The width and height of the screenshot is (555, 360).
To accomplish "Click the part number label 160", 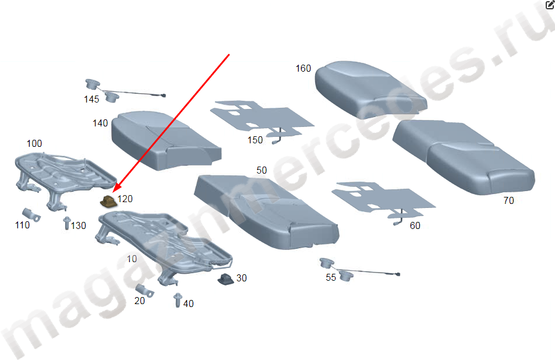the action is pyautogui.click(x=303, y=68).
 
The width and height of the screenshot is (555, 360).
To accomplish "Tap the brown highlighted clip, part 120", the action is pyautogui.click(x=108, y=202).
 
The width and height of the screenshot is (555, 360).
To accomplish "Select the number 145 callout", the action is pyautogui.click(x=91, y=99).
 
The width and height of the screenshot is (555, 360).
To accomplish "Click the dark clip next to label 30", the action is pyautogui.click(x=225, y=279).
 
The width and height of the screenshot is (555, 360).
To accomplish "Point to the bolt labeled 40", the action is pyautogui.click(x=178, y=300).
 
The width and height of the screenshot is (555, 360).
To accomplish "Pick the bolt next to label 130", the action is pyautogui.click(x=67, y=223).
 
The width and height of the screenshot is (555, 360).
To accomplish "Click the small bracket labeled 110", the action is pyautogui.click(x=31, y=214).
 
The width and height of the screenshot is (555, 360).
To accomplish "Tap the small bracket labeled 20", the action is pyautogui.click(x=144, y=290).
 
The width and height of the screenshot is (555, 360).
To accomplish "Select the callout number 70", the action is pyautogui.click(x=508, y=201).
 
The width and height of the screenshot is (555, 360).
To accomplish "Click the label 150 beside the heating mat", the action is pyautogui.click(x=255, y=140).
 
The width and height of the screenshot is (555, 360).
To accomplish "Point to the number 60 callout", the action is pyautogui.click(x=415, y=225).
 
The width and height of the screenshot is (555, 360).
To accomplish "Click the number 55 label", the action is pyautogui.click(x=331, y=277).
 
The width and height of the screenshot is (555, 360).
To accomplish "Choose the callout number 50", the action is pyautogui.click(x=261, y=170).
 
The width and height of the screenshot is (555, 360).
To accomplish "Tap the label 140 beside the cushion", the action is pyautogui.click(x=100, y=123).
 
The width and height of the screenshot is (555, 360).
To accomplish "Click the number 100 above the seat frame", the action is pyautogui.click(x=34, y=143).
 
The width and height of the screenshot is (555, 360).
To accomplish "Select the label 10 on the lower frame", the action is pyautogui.click(x=132, y=259).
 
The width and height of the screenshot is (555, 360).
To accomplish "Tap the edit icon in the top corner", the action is pyautogui.click(x=550, y=4).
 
